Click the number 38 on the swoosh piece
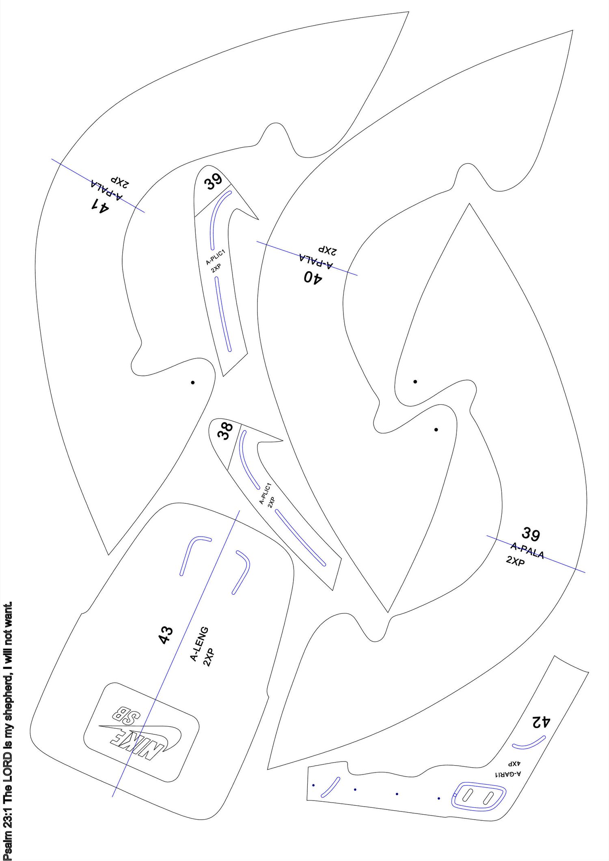point(225,431)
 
